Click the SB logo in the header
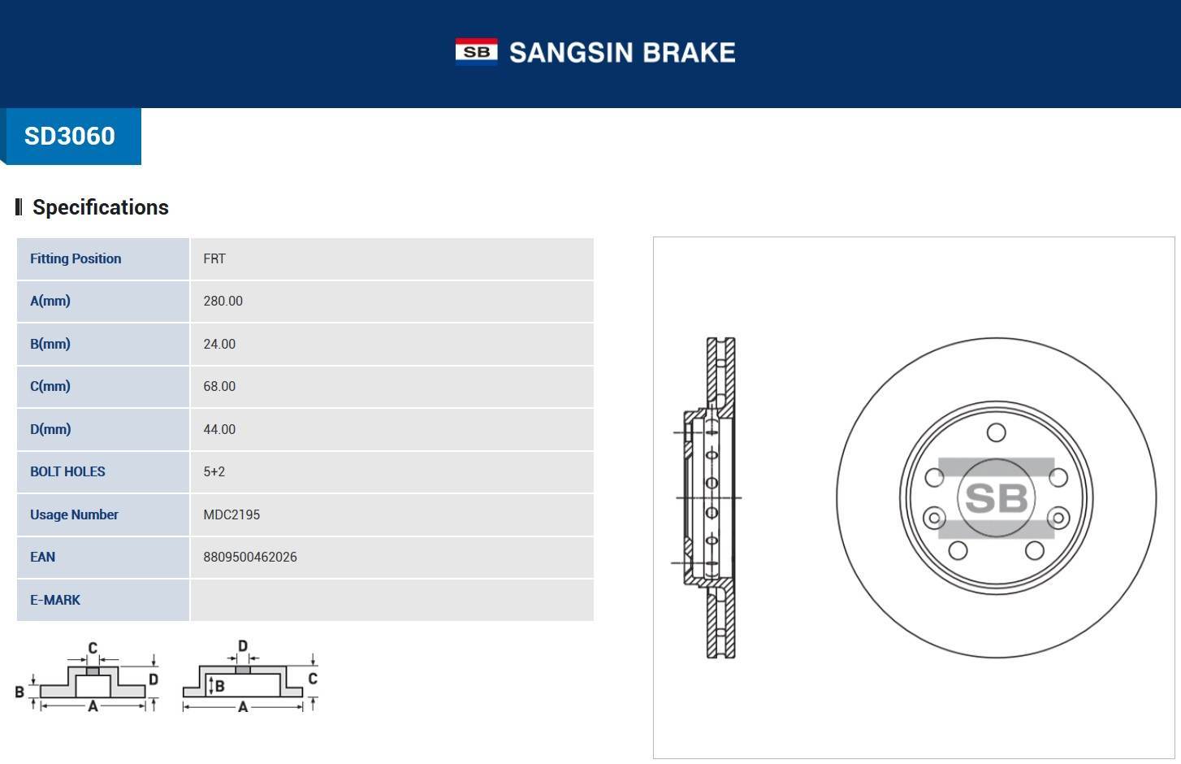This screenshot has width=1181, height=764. point(476,52)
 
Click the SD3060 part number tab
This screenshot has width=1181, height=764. point(70,136)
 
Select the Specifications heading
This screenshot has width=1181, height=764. point(100,207)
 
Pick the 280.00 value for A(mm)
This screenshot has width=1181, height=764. point(223,301)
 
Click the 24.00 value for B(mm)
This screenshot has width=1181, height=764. point(219,344)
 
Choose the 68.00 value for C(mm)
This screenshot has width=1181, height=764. point(219,386)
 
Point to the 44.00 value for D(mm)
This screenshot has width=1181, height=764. point(219,429)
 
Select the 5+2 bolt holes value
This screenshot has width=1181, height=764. point(214,471)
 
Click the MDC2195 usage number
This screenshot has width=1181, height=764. point(231,514)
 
